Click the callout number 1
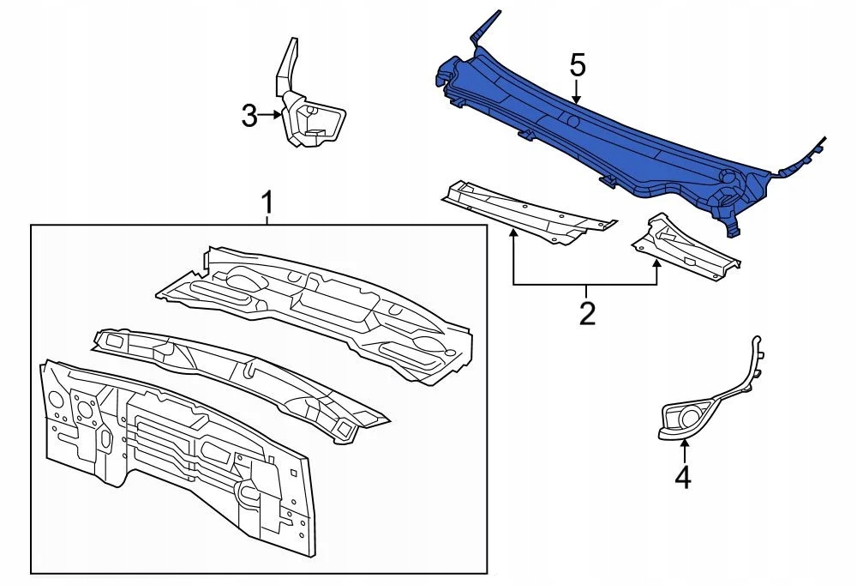[x=267, y=203]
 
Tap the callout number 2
[x=587, y=313]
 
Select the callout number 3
[x=249, y=116]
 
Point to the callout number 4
[x=683, y=477]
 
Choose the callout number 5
[x=578, y=65]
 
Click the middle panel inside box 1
[x=241, y=377]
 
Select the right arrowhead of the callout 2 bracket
[x=657, y=264]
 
